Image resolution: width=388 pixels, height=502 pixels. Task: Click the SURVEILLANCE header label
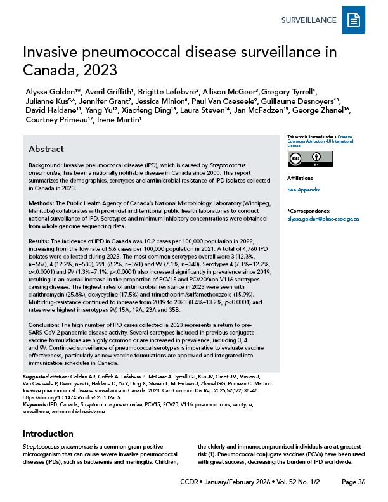[x=308, y=20]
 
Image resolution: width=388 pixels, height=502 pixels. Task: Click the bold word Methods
[x=41, y=202]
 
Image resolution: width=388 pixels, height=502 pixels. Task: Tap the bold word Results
[x=40, y=241]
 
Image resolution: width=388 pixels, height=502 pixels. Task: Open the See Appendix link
[x=303, y=190]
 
